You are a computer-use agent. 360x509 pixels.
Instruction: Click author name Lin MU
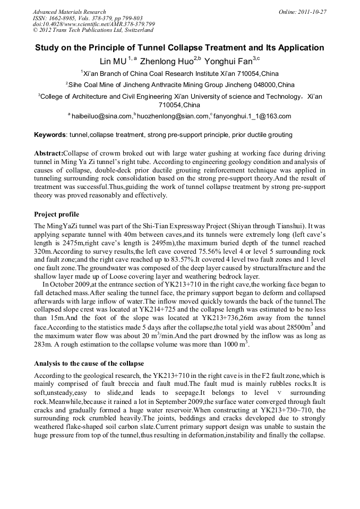coord(114,62)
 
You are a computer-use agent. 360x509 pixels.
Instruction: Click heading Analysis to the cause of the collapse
coord(89,364)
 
